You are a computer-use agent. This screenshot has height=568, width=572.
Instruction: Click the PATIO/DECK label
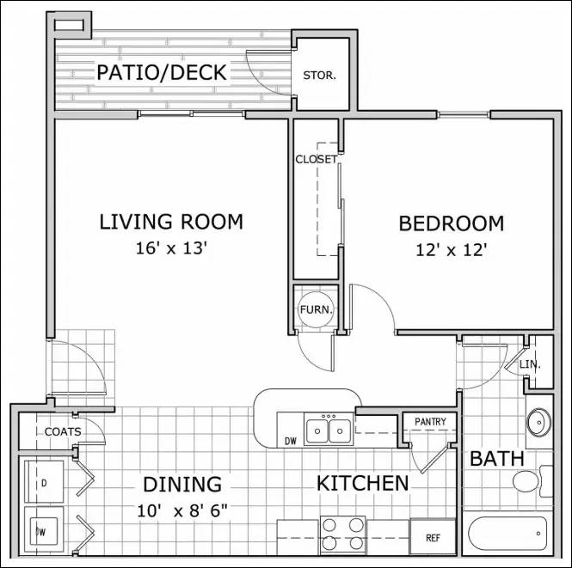click(161, 72)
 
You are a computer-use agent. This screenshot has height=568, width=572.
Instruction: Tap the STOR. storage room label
click(319, 75)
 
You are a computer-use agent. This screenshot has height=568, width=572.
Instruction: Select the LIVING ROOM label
click(171, 222)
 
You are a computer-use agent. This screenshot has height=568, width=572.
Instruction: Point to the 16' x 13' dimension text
click(172, 249)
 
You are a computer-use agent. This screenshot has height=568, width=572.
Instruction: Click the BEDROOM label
click(451, 224)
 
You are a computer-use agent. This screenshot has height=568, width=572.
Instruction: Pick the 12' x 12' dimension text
click(451, 251)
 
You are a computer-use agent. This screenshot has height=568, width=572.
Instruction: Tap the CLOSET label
click(316, 159)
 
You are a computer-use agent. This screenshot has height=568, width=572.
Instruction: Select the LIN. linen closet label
click(529, 365)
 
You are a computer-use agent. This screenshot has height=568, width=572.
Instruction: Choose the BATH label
click(496, 459)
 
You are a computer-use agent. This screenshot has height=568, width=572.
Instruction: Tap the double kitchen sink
click(327, 429)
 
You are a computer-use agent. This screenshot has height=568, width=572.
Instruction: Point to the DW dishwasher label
click(290, 442)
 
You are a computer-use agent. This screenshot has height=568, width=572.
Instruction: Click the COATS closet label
click(63, 431)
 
